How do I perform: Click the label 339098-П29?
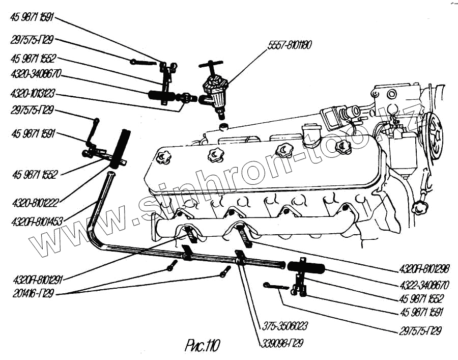pyautogui.click(x=280, y=343)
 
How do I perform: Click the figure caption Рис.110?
pyautogui.click(x=202, y=346)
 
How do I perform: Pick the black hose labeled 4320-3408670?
pyautogui.click(x=161, y=95)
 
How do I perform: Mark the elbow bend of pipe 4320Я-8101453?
pyautogui.click(x=94, y=236)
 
